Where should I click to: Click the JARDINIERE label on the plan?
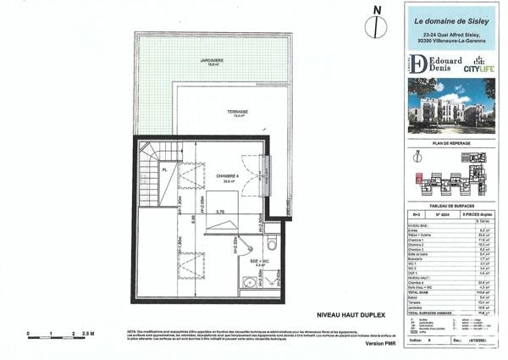pyautogui.click(x=213, y=61)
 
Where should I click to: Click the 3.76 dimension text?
pyautogui.click(x=220, y=212)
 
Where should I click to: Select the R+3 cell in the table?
pyautogui.click(x=416, y=216)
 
